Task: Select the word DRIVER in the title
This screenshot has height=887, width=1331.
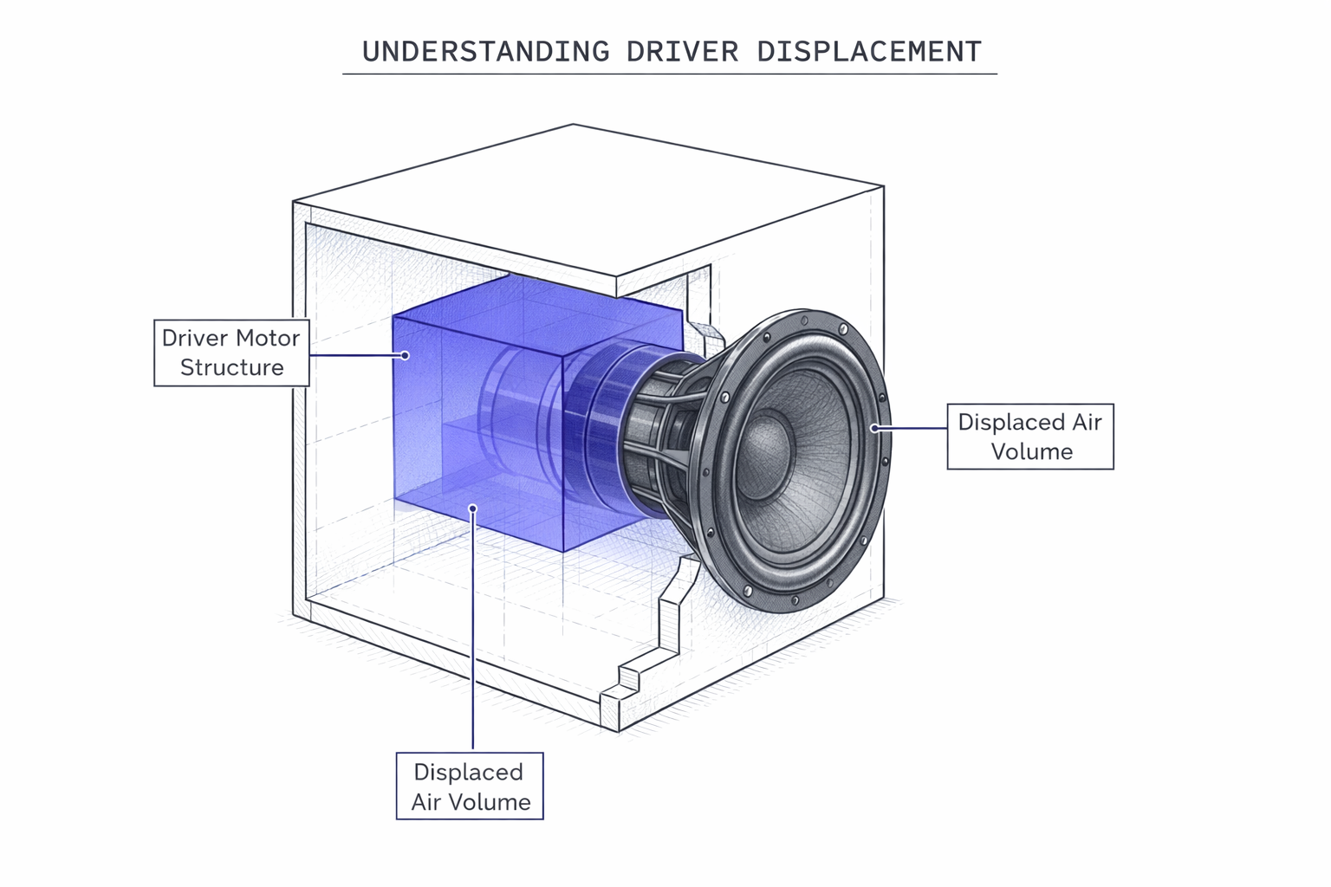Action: (682, 51)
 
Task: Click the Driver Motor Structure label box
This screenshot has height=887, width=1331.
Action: (231, 353)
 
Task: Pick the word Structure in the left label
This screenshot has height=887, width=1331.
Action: (231, 367)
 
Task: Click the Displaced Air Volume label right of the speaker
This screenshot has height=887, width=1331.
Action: (1029, 437)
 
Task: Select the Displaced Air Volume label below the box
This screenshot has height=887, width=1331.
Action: (470, 787)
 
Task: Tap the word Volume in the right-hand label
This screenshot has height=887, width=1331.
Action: (1031, 451)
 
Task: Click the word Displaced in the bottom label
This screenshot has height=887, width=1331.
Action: (468, 772)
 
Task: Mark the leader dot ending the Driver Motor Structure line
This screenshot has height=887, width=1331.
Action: (405, 355)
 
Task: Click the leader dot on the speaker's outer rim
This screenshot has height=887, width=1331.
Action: (875, 428)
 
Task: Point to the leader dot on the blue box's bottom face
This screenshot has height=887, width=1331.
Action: (472, 508)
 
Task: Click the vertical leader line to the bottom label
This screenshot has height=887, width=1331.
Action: (473, 641)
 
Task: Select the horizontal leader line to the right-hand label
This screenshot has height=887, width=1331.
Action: (912, 428)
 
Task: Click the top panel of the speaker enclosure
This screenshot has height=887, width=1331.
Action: (589, 199)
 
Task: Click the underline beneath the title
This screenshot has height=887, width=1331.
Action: (669, 74)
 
